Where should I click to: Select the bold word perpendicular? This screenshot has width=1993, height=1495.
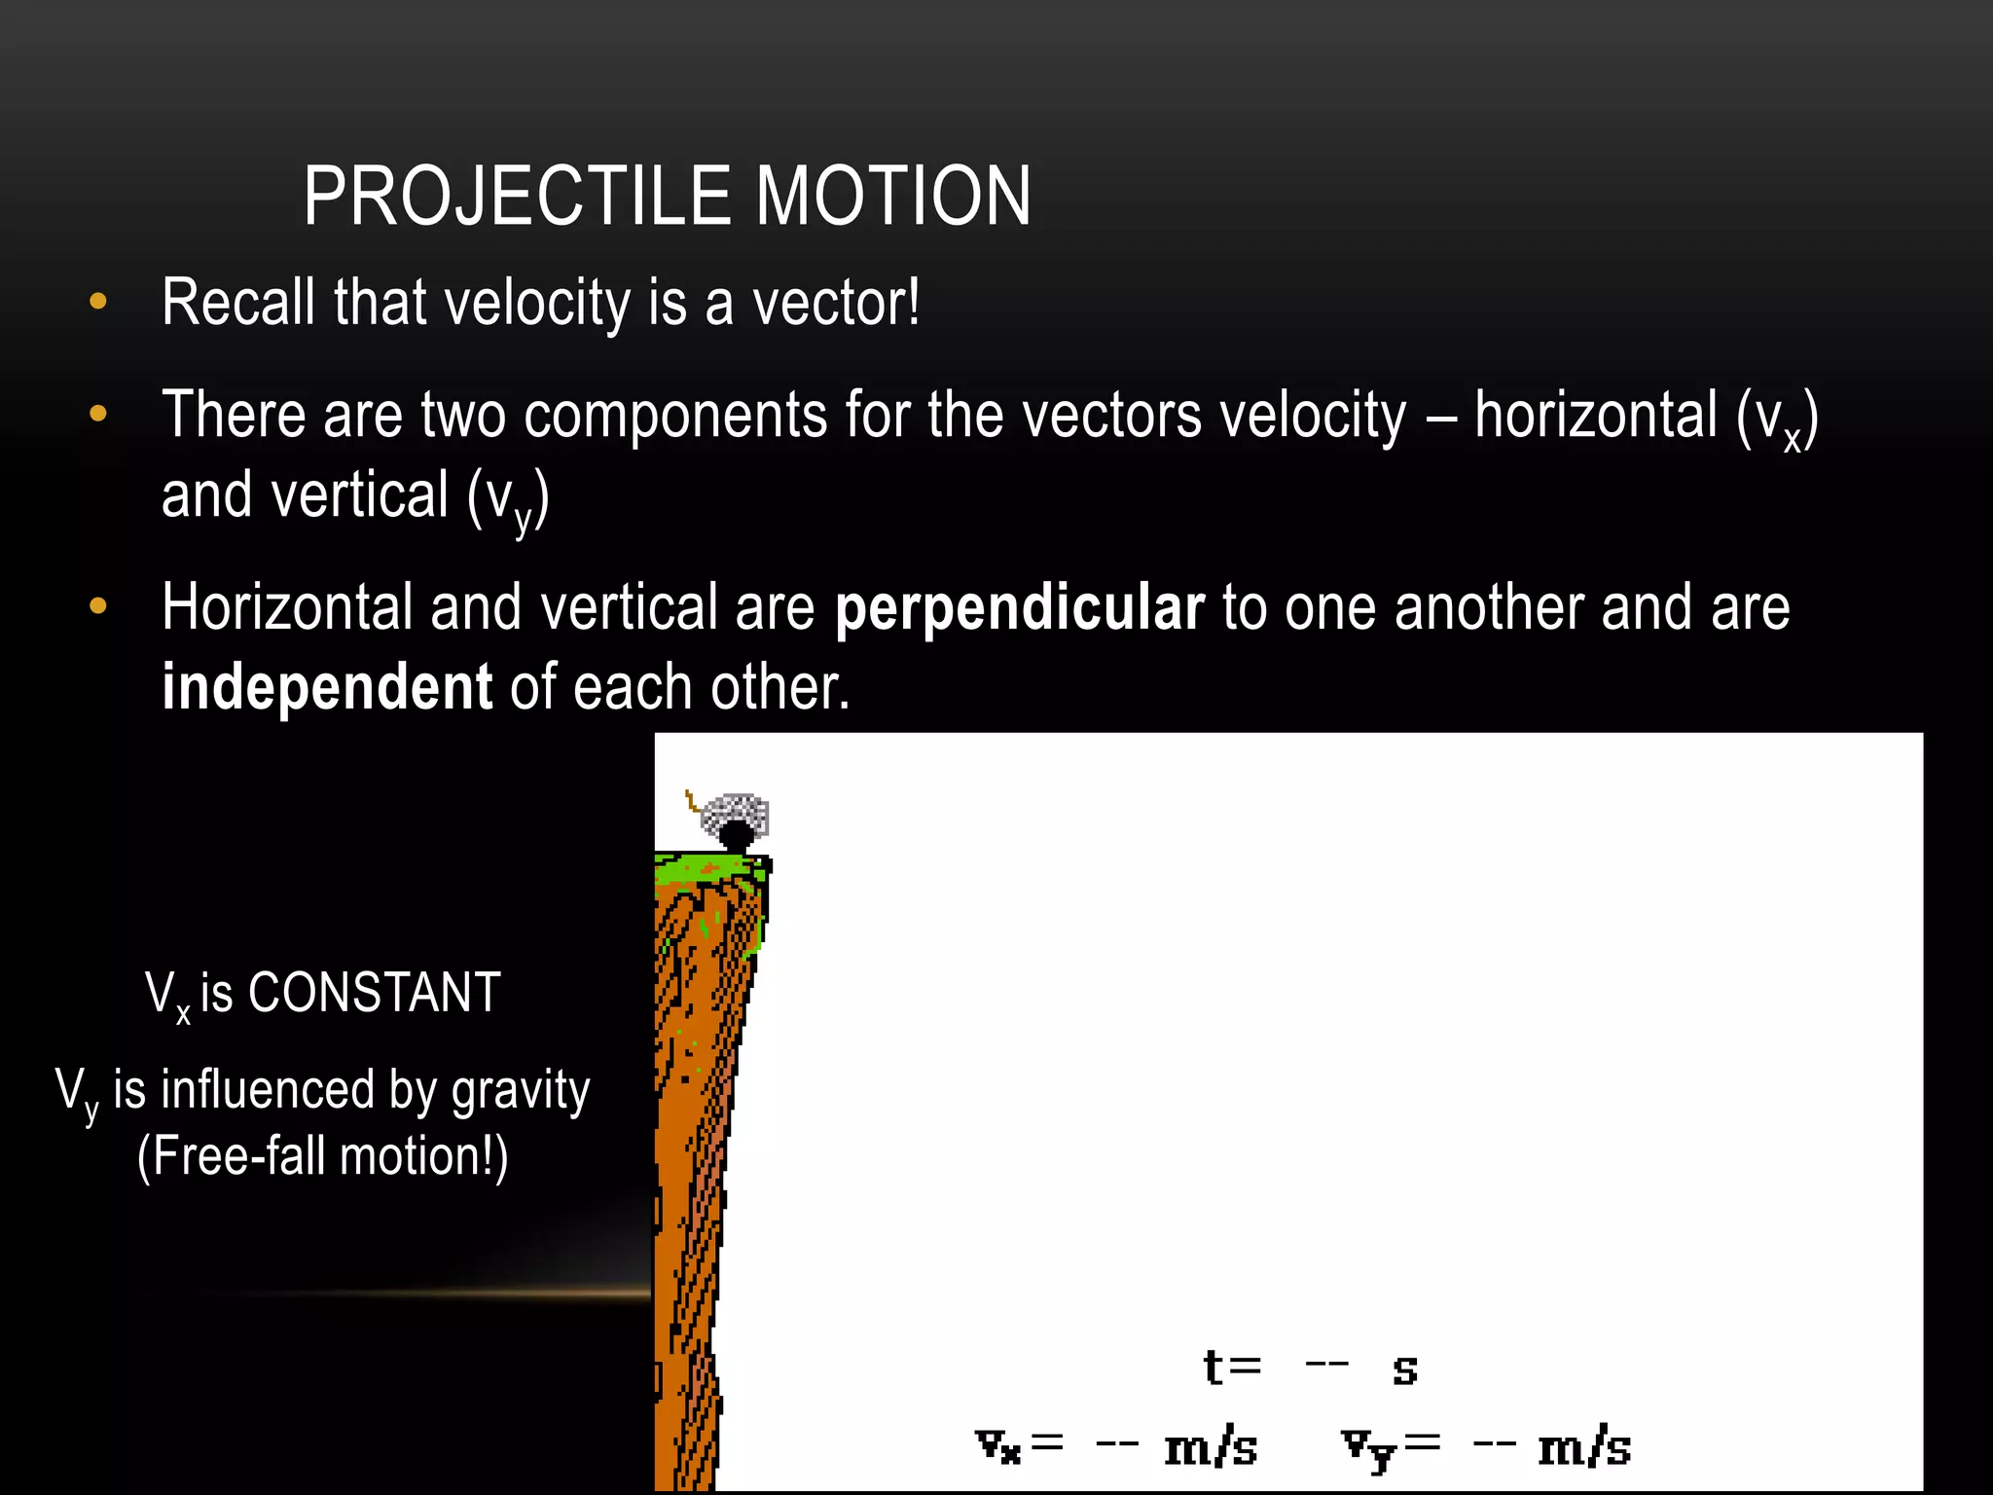coord(1020,607)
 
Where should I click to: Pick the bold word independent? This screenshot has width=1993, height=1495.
coord(327,687)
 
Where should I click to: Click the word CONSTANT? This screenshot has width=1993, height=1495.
coord(375,993)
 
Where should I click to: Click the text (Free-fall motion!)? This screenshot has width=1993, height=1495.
coord(323,1156)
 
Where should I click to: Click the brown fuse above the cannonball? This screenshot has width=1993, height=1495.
coord(691,802)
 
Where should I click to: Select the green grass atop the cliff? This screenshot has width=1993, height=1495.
coord(710,867)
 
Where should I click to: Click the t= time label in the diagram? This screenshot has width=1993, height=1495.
coord(1232,1367)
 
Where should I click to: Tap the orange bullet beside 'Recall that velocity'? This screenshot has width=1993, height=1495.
coord(98,302)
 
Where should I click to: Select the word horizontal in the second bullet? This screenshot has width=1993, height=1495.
coord(1596,416)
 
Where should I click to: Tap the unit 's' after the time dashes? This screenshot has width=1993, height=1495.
coord(1404,1369)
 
